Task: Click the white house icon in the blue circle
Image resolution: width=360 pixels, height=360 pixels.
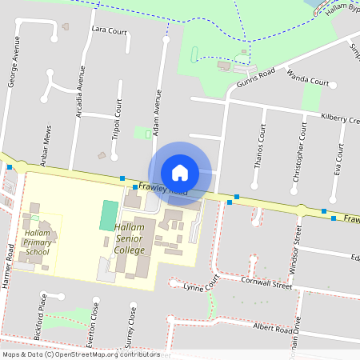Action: [x=180, y=172]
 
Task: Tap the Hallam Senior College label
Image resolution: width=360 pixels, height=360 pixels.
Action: [x=129, y=239]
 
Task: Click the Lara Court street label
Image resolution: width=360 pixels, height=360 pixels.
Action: [x=110, y=31]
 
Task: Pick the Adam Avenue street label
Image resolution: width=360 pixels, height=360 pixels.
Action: [x=158, y=111]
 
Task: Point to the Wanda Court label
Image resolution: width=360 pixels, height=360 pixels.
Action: [x=308, y=82]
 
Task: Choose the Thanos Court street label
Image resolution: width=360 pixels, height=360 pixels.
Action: [x=258, y=146]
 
